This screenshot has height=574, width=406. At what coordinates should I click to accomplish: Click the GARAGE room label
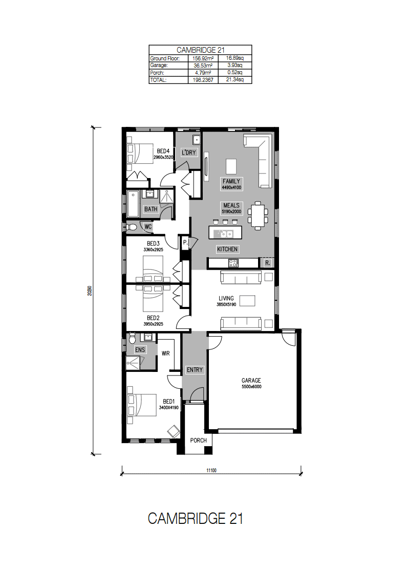click(x=251, y=380)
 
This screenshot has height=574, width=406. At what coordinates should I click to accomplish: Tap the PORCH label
click(x=198, y=440)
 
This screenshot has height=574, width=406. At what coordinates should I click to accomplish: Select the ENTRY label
click(x=195, y=370)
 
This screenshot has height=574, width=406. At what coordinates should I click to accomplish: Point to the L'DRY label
click(x=189, y=152)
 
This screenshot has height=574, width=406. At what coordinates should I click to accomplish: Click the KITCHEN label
click(x=227, y=249)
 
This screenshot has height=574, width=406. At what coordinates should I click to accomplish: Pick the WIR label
click(x=165, y=354)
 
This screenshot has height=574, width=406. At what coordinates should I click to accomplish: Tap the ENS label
click(x=140, y=349)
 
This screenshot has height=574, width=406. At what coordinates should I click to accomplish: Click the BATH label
click(x=151, y=209)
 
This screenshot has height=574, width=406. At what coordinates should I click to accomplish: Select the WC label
click(x=147, y=227)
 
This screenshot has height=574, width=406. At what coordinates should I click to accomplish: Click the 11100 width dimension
click(x=211, y=470)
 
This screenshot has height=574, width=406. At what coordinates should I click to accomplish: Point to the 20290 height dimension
click(x=90, y=291)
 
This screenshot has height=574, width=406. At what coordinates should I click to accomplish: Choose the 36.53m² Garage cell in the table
click(x=203, y=65)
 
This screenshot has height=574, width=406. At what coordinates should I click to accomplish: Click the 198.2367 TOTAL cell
click(x=203, y=80)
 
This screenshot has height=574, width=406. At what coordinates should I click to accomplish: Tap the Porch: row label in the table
click(x=157, y=73)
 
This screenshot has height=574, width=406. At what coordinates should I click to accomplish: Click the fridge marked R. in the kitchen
click(x=267, y=263)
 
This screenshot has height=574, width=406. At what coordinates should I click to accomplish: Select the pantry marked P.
click(x=185, y=242)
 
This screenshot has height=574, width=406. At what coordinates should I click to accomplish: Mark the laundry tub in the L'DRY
click(x=197, y=140)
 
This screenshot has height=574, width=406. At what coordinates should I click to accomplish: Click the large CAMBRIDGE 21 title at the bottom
click(x=195, y=518)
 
